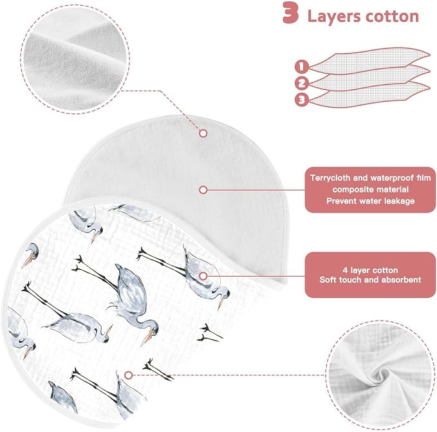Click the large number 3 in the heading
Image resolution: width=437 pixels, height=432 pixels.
pyautogui.click(x=291, y=13)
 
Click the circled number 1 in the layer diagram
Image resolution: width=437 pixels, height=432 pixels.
pyautogui.click(x=302, y=67)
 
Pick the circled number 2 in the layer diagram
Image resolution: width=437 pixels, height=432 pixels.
pyautogui.click(x=302, y=83)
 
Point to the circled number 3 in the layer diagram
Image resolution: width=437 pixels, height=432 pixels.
pyautogui.click(x=302, y=99)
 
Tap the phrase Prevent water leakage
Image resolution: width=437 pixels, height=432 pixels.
pyautogui.click(x=371, y=201)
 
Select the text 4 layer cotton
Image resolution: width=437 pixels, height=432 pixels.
pyautogui.click(x=371, y=270)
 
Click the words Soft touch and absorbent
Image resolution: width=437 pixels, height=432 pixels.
pyautogui.click(x=371, y=279)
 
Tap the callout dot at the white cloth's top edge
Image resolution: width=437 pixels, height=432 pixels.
pyautogui.click(x=203, y=133)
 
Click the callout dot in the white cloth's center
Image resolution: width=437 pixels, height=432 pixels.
pyautogui.click(x=203, y=190)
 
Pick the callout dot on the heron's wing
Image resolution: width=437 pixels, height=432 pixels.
pyautogui.click(x=203, y=276)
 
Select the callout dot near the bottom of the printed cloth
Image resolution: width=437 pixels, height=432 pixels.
pyautogui.click(x=128, y=375)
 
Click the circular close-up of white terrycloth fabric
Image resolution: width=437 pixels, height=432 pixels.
pyautogui.click(x=75, y=59)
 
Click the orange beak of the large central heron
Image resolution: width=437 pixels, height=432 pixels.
pyautogui.click(x=147, y=337)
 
